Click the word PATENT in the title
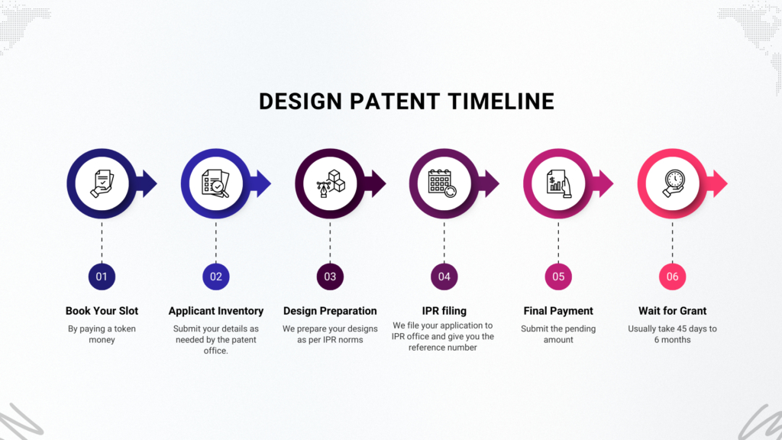(395, 102)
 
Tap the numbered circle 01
(102, 277)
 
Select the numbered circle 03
(330, 277)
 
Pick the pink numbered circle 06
(672, 277)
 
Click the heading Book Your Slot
(102, 311)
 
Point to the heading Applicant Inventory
(216, 311)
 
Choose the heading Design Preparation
(330, 311)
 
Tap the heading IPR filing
(444, 311)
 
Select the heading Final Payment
(558, 311)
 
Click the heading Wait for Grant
(672, 311)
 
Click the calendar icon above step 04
(442, 183)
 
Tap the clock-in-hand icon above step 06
(674, 183)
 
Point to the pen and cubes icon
(331, 183)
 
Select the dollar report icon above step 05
(558, 183)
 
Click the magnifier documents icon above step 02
(215, 183)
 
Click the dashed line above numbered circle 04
(444, 242)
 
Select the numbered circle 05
(558, 277)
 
